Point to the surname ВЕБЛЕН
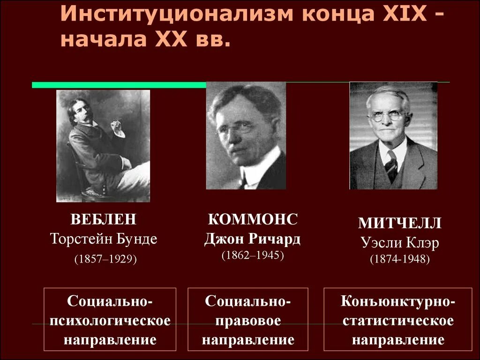pos(104,219)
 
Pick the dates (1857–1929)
pos(105,259)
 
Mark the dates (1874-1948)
pos(399,258)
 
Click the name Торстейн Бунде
pos(104,239)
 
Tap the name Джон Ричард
pos(253,239)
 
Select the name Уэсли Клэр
pos(400,242)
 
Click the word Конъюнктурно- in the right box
pos(397,301)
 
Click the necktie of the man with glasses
pos(390,164)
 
